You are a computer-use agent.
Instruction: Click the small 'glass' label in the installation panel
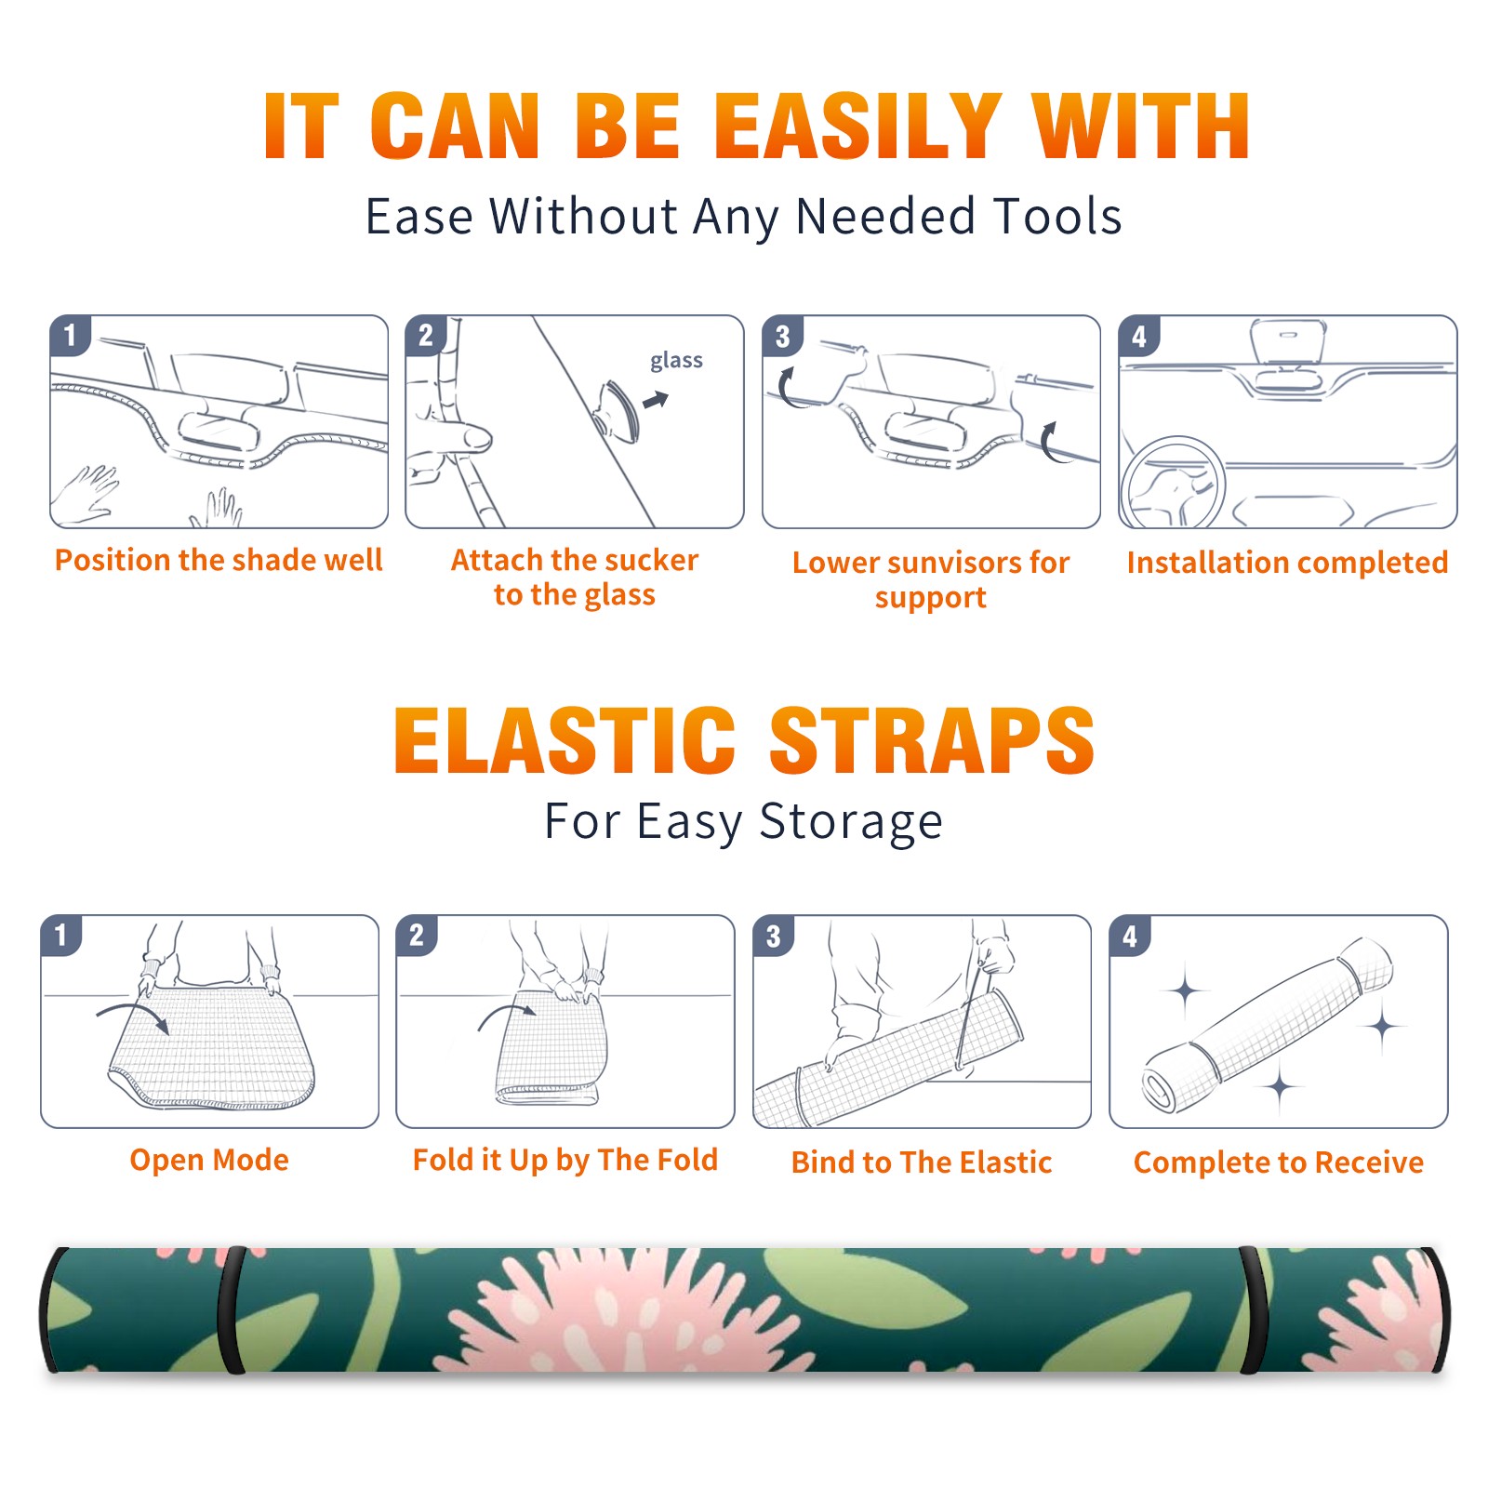coord(676,361)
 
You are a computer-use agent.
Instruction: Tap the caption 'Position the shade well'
coord(219,560)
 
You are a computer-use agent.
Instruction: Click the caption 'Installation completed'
coord(1287,563)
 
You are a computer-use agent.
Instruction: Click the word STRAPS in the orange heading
coord(932,740)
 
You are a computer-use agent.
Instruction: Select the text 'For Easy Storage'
coord(743,822)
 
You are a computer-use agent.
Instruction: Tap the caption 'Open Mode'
coord(209,1160)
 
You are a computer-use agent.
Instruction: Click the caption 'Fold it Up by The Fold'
coord(565,1160)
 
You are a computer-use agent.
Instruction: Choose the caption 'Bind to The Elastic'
coord(922,1162)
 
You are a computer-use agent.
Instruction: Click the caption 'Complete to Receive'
coord(1279,1162)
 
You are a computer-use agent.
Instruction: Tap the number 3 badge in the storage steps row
coord(774,936)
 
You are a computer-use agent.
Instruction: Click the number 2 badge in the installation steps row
coord(426,336)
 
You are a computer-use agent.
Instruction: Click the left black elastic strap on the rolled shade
coord(231,1310)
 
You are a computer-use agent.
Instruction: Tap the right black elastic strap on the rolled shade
coord(1254,1310)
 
